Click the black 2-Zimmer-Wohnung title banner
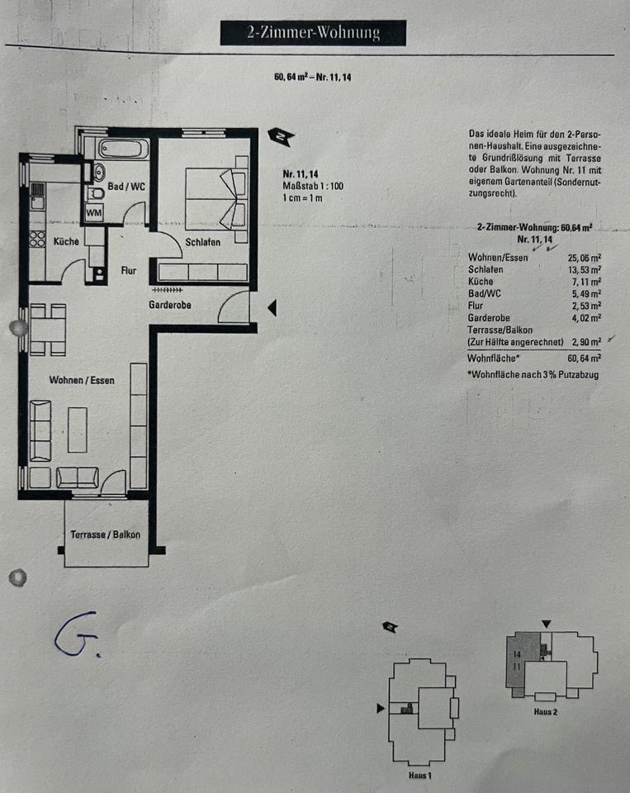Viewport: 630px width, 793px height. (x=313, y=33)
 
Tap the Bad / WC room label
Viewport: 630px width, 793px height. (x=126, y=187)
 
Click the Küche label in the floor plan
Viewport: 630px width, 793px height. (x=66, y=242)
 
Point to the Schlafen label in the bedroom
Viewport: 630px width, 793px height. (x=202, y=242)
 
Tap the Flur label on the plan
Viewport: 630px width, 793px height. (x=128, y=269)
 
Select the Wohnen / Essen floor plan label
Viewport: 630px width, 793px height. (x=82, y=380)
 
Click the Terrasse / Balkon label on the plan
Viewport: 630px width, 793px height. (x=105, y=534)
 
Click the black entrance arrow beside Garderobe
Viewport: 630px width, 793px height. (x=272, y=308)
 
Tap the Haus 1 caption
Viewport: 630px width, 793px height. (x=419, y=776)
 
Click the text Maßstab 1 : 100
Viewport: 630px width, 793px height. (x=312, y=186)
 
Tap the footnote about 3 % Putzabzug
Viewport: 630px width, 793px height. (x=533, y=374)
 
